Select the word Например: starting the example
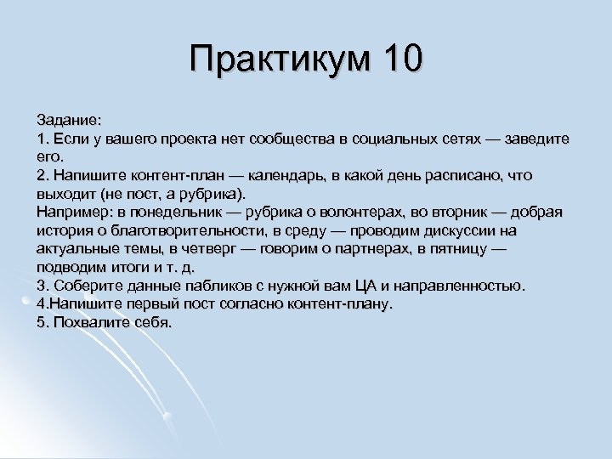pos(71,212)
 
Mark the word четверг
pos(205,249)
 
